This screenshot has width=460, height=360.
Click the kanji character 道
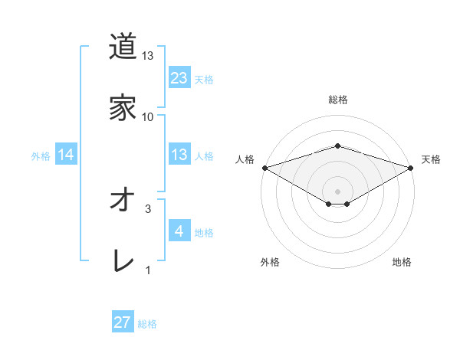tap(123, 47)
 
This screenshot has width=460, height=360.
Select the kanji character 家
tap(123, 108)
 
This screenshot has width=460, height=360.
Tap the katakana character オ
tap(123, 200)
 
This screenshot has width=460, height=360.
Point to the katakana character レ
tap(123, 261)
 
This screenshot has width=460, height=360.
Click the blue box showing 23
tap(179, 77)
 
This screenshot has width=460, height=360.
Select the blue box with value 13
tap(179, 155)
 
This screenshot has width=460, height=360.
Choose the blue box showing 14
tap(66, 155)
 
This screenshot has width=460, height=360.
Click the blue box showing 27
tap(123, 322)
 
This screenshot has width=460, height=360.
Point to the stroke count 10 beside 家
tap(148, 117)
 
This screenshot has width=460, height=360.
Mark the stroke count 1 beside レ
tap(148, 270)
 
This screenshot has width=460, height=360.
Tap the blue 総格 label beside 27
tap(147, 324)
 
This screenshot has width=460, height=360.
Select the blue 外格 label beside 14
tap(41, 155)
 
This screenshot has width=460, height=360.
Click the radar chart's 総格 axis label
tap(337, 100)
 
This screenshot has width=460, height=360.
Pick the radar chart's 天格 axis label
tap(431, 159)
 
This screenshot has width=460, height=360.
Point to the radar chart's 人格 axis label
tap(245, 159)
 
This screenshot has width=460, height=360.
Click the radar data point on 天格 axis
tap(411, 168)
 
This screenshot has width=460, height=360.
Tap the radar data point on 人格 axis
tap(264, 168)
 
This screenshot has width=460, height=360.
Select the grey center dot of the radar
tap(337, 191)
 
